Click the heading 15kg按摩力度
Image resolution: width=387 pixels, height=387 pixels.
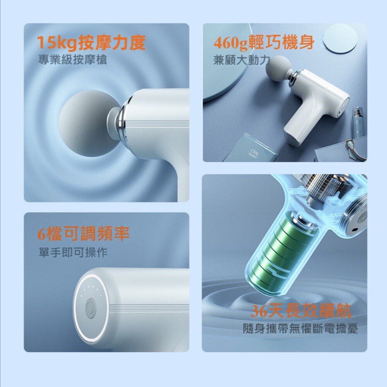pyautogui.click(x=91, y=43)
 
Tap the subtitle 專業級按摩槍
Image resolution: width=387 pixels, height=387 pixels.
pyautogui.click(x=73, y=60)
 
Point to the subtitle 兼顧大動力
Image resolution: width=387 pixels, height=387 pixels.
pyautogui.click(x=241, y=60)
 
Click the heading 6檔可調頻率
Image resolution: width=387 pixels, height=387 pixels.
pyautogui.click(x=83, y=233)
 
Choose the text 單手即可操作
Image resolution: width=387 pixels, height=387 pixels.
pyautogui.click(x=73, y=253)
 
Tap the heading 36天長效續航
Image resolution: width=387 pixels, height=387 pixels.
pyautogui.click(x=301, y=311)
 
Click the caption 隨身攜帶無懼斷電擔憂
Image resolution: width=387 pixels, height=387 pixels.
pyautogui.click(x=300, y=329)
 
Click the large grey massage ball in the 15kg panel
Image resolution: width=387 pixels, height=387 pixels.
pyautogui.click(x=84, y=123)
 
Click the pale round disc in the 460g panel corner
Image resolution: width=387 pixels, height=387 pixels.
pyautogui.click(x=340, y=38)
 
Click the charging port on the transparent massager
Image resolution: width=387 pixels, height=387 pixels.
pyautogui.click(x=354, y=231)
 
